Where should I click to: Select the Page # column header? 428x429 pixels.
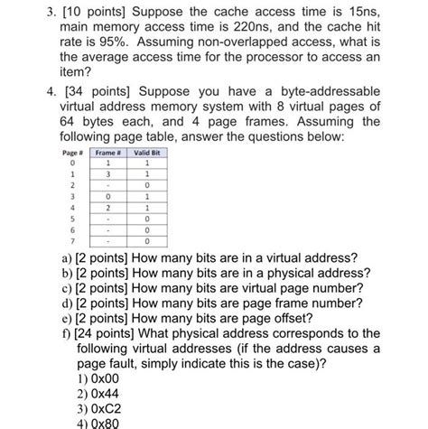(73, 154)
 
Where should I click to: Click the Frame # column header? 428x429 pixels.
(109, 154)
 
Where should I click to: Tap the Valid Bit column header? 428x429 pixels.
(147, 154)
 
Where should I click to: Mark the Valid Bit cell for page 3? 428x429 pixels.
(147, 196)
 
